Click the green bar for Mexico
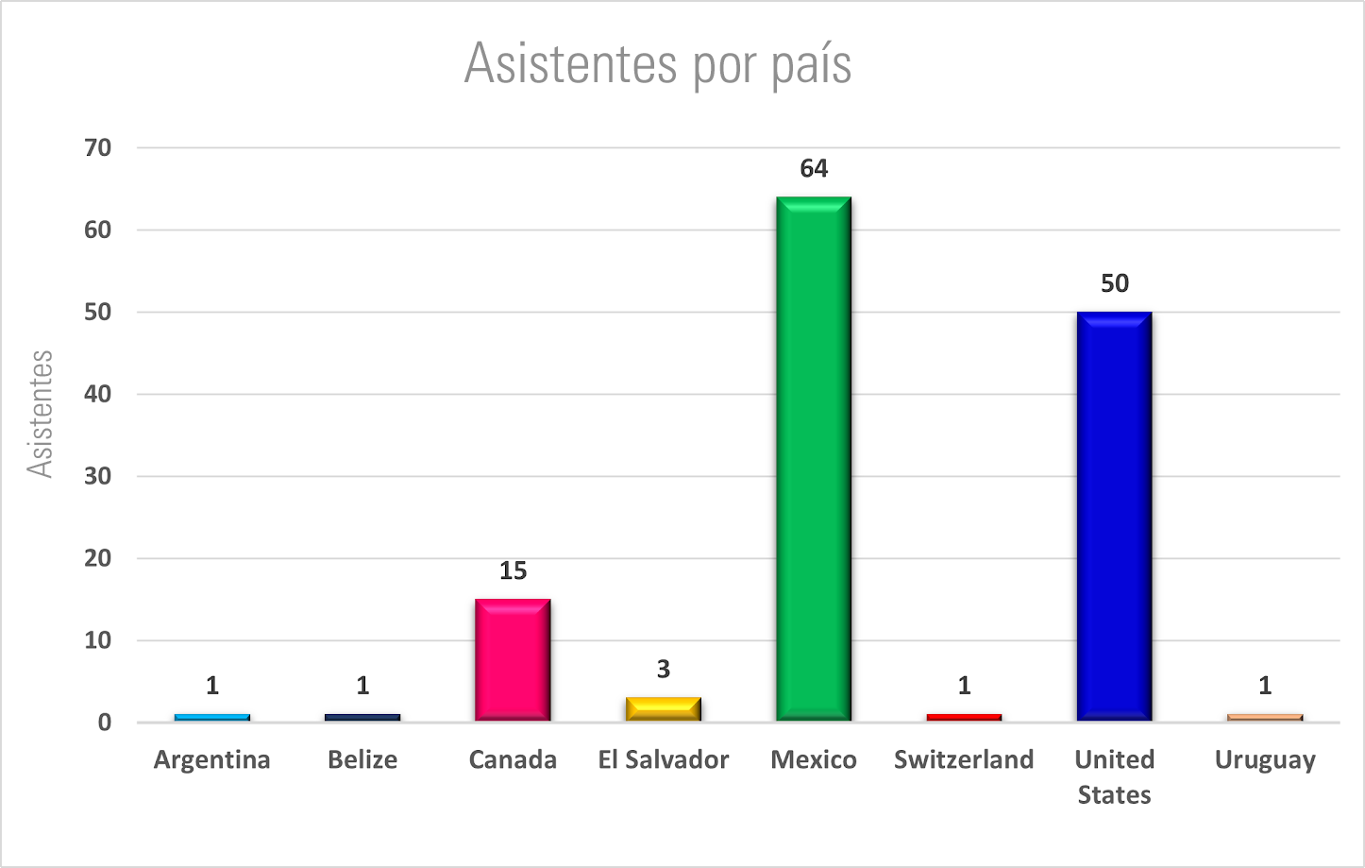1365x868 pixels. (813, 459)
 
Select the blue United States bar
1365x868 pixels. (1114, 517)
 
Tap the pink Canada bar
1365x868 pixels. (513, 660)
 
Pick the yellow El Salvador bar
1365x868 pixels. (663, 709)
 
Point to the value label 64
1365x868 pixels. (813, 168)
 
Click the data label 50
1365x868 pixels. (1114, 283)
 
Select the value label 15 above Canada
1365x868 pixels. (513, 570)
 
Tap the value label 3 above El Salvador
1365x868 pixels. (663, 669)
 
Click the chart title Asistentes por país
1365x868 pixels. (658, 64)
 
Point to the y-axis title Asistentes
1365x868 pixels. (40, 414)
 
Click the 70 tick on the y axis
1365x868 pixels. (97, 147)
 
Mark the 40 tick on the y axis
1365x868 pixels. (97, 394)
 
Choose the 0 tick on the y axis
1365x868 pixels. (104, 723)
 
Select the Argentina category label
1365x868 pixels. (211, 759)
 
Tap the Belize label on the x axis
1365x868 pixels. (362, 759)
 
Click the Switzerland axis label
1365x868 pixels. (964, 759)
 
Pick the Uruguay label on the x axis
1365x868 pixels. (1265, 760)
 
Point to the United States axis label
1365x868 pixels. (1114, 776)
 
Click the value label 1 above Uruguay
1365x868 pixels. (1265, 685)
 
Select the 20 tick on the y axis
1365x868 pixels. (97, 558)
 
